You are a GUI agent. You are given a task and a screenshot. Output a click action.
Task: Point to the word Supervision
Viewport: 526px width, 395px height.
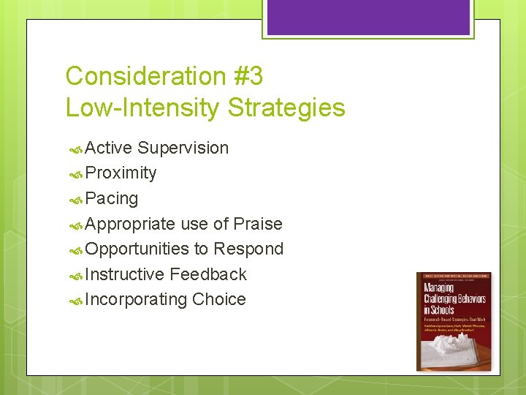pos(183,148)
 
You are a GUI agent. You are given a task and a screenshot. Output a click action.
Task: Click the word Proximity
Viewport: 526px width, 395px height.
pos(121,173)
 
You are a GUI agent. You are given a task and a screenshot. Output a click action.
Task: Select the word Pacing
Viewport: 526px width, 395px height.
pos(111,198)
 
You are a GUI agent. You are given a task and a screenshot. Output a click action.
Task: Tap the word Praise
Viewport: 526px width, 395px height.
pos(258,224)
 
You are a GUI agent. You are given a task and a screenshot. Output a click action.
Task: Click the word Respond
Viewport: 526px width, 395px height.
pos(248,249)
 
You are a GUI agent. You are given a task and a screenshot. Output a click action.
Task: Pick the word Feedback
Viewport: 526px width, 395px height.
pos(208,274)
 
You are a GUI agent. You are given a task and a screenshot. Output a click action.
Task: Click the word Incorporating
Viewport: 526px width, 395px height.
pos(136,300)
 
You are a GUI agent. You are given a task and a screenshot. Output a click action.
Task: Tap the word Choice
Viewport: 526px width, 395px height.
pos(219,300)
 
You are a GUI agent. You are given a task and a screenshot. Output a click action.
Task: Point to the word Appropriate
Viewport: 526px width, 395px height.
pos(130,224)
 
